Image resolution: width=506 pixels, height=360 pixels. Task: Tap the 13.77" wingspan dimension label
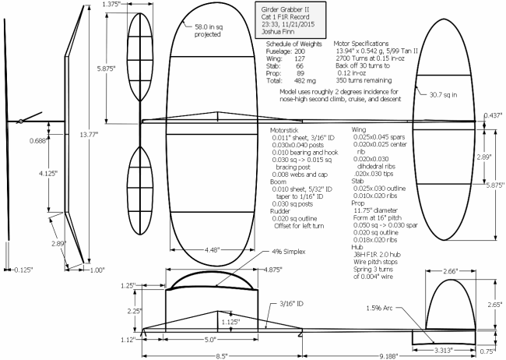[x=89, y=135]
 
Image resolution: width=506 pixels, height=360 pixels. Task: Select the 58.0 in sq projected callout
[x=209, y=30]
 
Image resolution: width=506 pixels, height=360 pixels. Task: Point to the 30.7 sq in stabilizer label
[x=443, y=95]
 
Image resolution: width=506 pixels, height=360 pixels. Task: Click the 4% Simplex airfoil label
[x=289, y=252]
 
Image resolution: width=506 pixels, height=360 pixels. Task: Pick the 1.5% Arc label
[x=379, y=308]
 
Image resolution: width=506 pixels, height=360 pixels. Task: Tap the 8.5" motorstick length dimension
[x=222, y=356]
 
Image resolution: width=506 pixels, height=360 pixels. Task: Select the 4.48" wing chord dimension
[x=212, y=250]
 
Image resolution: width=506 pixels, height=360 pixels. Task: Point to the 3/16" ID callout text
[x=291, y=304]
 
